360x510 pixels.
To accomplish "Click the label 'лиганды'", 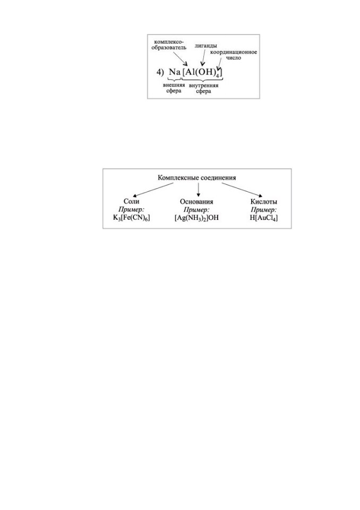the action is click(205, 46).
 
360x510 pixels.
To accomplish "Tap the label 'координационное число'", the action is click(234, 55).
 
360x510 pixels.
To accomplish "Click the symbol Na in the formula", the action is click(175, 72).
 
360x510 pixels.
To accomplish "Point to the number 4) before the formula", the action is click(160, 72).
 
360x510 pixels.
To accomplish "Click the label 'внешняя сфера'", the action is click(174, 88).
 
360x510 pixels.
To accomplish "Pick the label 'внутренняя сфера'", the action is click(203, 88).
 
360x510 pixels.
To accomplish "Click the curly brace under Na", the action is click(174, 79).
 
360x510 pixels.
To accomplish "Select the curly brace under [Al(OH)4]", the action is click(202, 79).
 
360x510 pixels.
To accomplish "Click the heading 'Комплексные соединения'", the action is click(197, 177).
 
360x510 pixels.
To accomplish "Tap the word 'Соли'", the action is click(131, 201).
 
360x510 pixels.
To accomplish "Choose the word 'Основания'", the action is click(196, 202).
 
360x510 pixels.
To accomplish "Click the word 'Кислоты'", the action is click(264, 202).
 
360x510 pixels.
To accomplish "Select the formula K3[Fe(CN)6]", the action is click(131, 218).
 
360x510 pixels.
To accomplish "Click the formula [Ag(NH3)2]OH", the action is click(196, 218).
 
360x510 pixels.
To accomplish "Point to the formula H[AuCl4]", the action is click(264, 218).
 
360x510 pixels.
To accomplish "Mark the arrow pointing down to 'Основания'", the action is click(198, 190).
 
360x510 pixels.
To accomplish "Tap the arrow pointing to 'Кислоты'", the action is click(242, 190).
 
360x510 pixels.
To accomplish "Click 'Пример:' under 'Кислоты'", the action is click(264, 210).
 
